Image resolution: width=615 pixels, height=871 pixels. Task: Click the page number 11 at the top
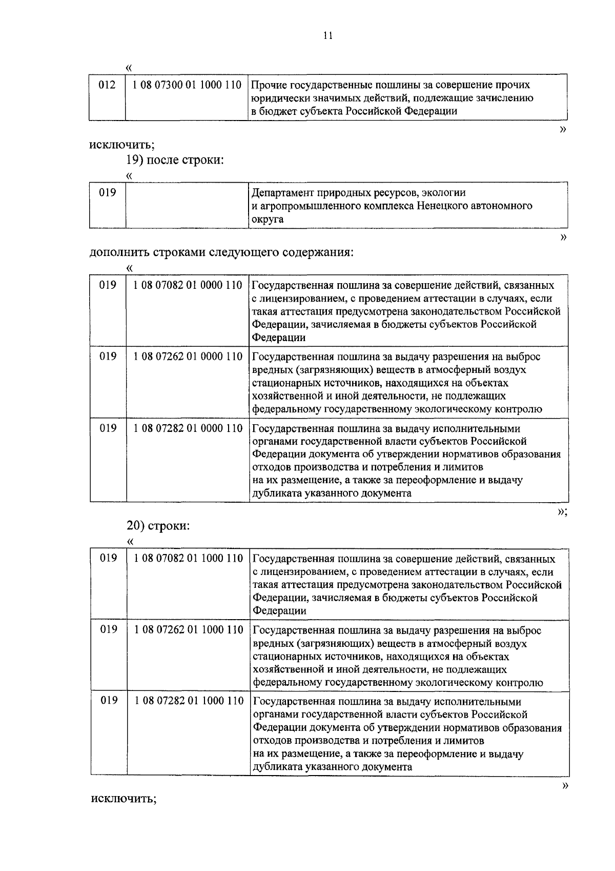328,35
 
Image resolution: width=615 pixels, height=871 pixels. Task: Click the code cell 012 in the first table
107,85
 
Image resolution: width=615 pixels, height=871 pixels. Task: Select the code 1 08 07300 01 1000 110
187,85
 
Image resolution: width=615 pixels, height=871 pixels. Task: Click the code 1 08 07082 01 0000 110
188,285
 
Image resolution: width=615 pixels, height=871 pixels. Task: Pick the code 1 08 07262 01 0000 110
188,357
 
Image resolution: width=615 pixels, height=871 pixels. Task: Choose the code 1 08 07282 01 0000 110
188,428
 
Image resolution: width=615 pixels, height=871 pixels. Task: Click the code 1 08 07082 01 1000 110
188,559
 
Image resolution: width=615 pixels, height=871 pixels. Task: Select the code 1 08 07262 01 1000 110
188,630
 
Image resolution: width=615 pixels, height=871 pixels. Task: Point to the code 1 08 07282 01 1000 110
188,701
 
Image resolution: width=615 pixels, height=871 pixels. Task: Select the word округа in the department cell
267,220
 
